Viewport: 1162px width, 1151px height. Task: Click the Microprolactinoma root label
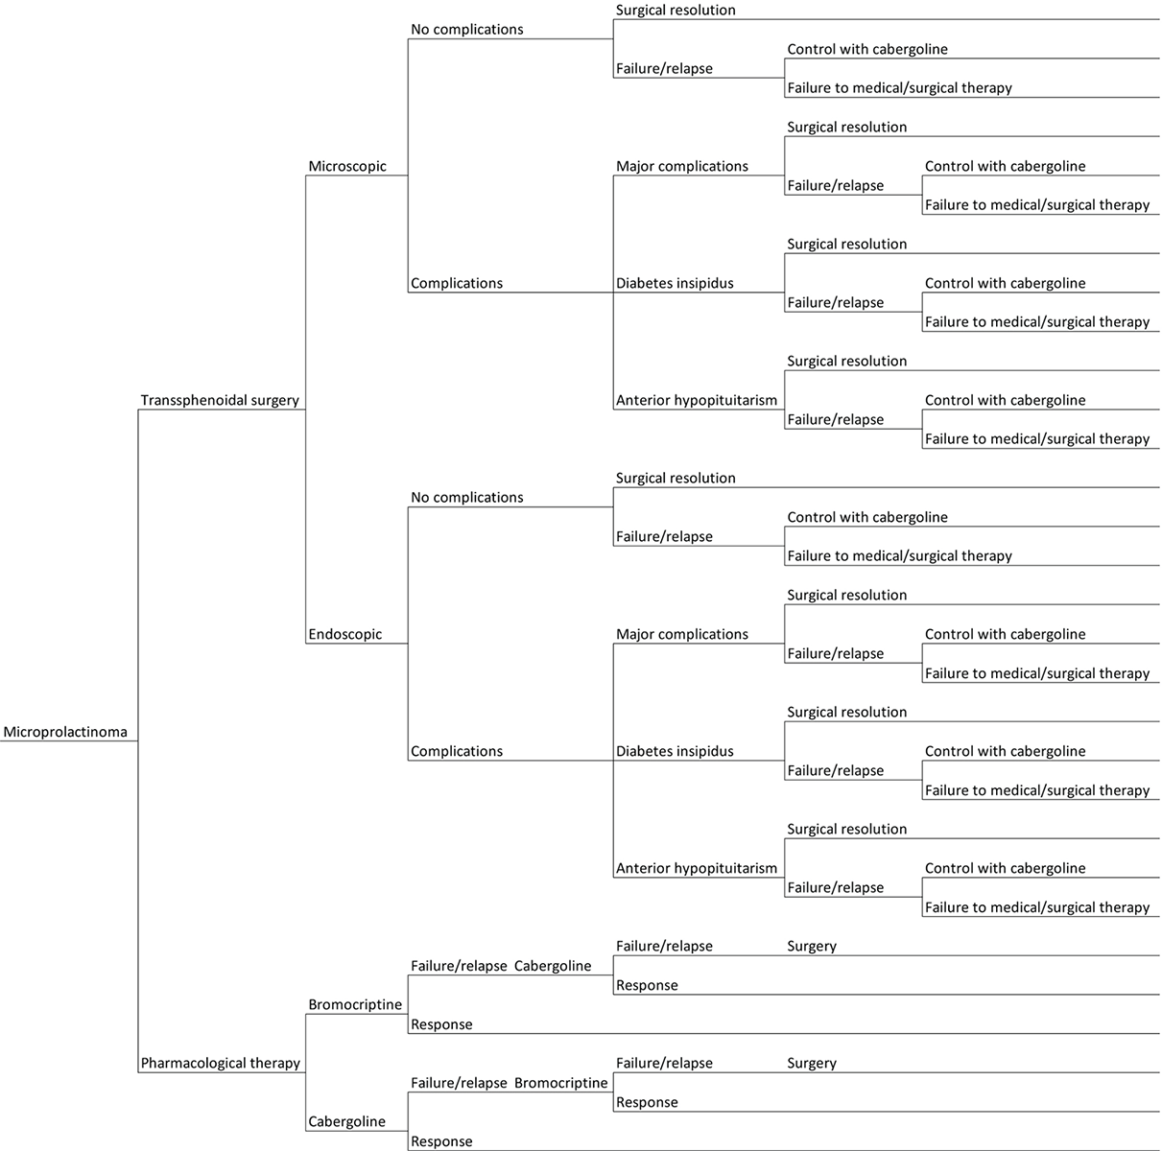click(x=65, y=733)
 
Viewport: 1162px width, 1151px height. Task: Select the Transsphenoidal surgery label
click(x=220, y=401)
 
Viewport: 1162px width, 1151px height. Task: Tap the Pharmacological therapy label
click(x=221, y=1064)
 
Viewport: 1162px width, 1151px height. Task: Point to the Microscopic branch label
click(x=347, y=167)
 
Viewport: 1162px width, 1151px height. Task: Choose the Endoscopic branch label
click(x=345, y=635)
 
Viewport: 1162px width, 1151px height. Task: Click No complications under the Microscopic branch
click(x=467, y=30)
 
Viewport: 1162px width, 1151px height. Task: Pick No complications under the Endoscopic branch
click(x=467, y=498)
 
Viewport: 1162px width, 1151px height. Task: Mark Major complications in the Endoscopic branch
click(x=682, y=635)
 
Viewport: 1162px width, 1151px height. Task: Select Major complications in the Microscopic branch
click(x=682, y=167)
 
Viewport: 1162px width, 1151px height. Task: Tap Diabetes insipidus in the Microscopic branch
click(x=675, y=284)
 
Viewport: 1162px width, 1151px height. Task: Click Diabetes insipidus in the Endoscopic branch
click(x=675, y=752)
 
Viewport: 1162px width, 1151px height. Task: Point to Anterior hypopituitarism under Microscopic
click(x=697, y=401)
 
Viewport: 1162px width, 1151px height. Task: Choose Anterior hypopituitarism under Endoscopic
click(x=697, y=869)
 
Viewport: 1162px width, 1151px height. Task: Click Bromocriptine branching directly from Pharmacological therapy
click(x=355, y=1005)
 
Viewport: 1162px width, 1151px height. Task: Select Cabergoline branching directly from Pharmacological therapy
click(x=347, y=1122)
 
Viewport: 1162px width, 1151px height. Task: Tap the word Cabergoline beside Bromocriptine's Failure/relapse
click(x=553, y=967)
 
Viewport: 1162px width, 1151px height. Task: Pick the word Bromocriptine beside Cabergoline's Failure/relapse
click(x=561, y=1084)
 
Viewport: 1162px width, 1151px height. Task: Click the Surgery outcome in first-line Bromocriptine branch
click(x=812, y=947)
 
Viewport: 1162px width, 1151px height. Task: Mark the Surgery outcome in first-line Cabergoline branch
click(x=812, y=1064)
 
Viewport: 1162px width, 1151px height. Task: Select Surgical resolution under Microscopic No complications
click(x=676, y=11)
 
